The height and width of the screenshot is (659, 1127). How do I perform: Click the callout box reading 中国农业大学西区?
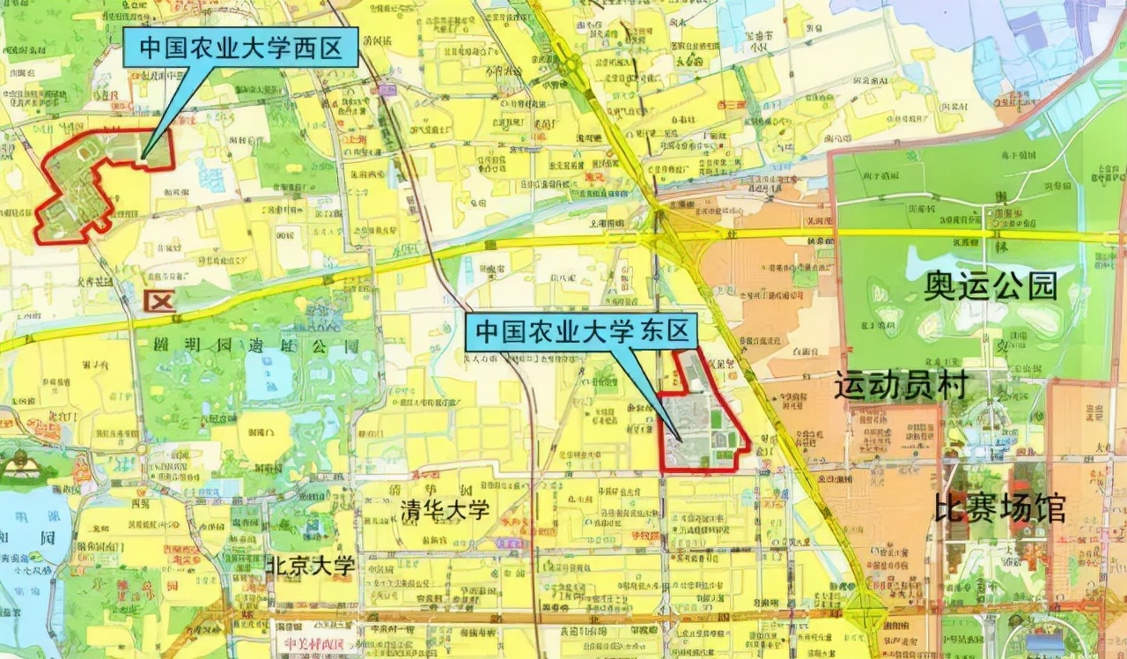click(240, 47)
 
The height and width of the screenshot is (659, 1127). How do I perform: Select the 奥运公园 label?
click(991, 285)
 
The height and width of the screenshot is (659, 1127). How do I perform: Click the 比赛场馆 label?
click(1000, 507)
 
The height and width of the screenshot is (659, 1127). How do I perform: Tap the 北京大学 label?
click(311, 566)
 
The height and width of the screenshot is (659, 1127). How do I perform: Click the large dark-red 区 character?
click(160, 300)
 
